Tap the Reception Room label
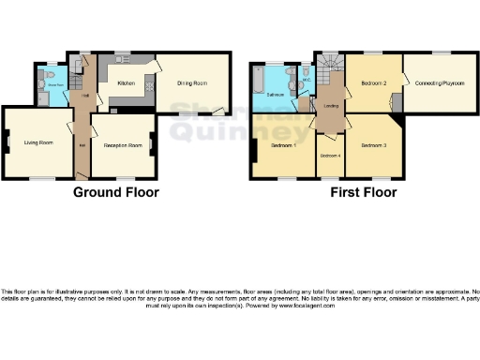pos(122,145)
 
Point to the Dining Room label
pos(193,83)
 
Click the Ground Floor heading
pos(116,192)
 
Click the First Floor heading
pos(363,192)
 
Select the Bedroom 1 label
pos(284,146)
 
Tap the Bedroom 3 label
pos(373,146)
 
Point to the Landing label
pos(330,105)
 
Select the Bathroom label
pos(275,96)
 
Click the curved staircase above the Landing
pos(329,67)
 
